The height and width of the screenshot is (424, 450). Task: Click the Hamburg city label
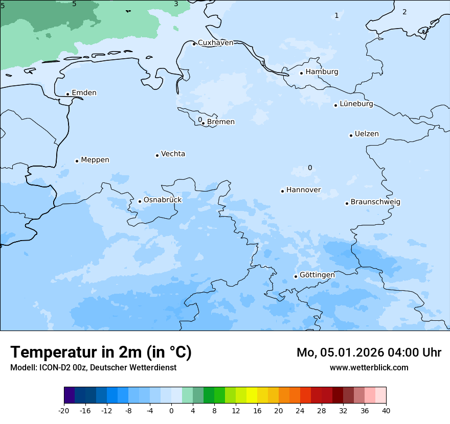(x=322, y=72)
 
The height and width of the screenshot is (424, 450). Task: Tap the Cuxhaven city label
(x=215, y=43)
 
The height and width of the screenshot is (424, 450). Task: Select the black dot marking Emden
(x=67, y=94)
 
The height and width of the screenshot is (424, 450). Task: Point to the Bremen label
(x=221, y=122)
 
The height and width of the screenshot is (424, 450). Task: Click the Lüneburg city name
(x=356, y=104)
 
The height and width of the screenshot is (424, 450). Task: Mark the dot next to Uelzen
(x=351, y=135)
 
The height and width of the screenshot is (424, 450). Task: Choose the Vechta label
(x=173, y=154)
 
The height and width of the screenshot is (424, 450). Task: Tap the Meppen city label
(x=95, y=160)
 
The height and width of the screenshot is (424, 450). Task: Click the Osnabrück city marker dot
(x=140, y=201)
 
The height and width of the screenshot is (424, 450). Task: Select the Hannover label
(x=303, y=190)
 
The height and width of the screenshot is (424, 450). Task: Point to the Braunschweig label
(x=375, y=202)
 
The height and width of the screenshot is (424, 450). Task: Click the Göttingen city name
(x=317, y=275)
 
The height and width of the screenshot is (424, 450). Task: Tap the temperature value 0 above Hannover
(x=310, y=168)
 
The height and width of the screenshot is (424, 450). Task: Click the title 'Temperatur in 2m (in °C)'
(x=101, y=352)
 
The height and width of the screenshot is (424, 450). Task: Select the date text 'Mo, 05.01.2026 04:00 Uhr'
(x=369, y=352)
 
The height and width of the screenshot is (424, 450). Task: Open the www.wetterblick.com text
(x=369, y=367)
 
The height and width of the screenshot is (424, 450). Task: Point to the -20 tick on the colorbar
(x=64, y=411)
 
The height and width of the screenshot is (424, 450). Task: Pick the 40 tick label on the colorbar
(x=386, y=411)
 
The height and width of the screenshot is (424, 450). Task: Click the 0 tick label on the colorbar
(x=171, y=411)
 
